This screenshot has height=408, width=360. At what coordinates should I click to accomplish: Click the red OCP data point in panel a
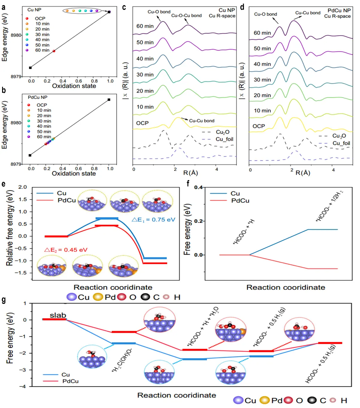[x=54, y=51]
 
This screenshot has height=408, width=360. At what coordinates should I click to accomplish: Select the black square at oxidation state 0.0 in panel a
[x=30, y=68]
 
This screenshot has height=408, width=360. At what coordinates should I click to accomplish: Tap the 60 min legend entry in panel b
[x=44, y=137]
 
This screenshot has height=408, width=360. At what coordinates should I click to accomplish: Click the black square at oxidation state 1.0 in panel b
[x=109, y=99]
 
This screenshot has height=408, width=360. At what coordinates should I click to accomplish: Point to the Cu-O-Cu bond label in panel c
[x=186, y=16]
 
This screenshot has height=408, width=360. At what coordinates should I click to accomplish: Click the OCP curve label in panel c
[x=142, y=123]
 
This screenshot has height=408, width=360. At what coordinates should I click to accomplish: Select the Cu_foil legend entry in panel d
[x=341, y=143]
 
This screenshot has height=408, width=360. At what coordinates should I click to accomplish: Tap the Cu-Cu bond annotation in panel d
[x=308, y=13]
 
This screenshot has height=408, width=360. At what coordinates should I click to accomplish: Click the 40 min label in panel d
[x=262, y=64]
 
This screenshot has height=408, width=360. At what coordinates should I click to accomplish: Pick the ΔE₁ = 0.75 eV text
[x=153, y=220]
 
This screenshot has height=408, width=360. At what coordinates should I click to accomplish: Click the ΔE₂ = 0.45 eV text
[x=66, y=250]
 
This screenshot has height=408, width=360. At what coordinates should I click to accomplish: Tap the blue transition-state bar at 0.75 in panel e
[x=107, y=218]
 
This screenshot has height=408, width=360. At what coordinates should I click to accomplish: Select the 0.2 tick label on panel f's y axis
[x=199, y=221]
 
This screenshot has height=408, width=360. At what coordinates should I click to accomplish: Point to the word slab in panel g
[x=58, y=315]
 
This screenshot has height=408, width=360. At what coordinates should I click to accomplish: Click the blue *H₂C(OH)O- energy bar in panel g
[x=123, y=343]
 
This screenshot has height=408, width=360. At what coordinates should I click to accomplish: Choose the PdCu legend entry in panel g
[x=70, y=381]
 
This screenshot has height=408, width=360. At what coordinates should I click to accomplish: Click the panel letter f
[x=188, y=183]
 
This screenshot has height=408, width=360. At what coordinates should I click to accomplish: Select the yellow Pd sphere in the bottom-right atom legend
[x=264, y=401]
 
